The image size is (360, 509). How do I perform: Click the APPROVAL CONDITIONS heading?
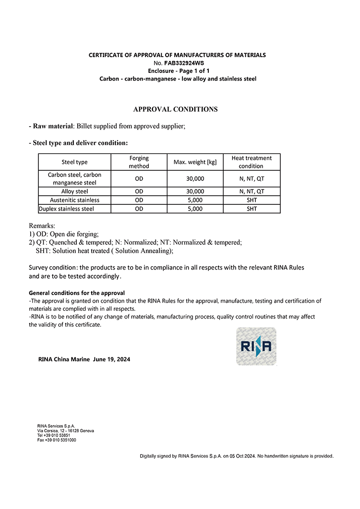[175, 109]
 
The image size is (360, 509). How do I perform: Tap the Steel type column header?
[74, 162]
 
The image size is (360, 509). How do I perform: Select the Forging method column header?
[139, 162]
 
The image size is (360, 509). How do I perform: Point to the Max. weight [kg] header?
[195, 162]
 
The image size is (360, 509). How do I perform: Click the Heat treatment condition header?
[251, 162]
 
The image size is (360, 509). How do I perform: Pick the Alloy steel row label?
[74, 191]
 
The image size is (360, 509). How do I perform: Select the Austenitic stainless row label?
[74, 200]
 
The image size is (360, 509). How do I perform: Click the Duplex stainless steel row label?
[66, 209]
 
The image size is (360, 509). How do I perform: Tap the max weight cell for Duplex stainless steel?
[195, 209]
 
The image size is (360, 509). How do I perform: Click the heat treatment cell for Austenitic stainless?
[252, 200]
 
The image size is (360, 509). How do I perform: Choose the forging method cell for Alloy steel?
[139, 191]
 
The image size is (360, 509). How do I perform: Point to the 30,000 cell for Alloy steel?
[195, 191]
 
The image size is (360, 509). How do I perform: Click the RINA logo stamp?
[256, 346]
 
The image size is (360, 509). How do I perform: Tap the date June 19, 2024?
[111, 359]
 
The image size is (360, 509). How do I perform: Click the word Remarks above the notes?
[42, 225]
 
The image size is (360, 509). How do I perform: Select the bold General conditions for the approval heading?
[77, 293]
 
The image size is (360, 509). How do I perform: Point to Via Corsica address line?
[65, 431]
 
